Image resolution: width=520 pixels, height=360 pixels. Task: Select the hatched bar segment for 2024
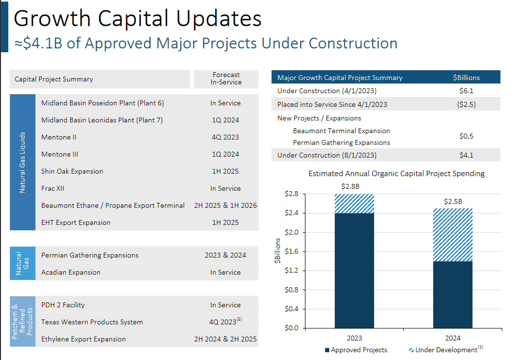453,235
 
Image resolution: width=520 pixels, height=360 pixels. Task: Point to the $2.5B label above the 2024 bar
453,201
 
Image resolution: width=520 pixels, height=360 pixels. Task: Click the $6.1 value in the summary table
466,91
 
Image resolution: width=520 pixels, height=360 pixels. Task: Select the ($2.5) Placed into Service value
466,104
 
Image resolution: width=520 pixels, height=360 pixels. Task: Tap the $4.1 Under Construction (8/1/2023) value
466,155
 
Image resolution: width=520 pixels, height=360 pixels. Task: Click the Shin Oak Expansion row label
72,171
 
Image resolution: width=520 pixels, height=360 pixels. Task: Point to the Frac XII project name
53,188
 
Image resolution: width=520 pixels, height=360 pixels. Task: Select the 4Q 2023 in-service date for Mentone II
225,137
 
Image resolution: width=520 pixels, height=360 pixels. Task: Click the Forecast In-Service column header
226,79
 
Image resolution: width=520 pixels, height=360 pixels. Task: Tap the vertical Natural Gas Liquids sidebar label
22,162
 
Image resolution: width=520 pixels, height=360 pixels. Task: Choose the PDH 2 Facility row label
63,305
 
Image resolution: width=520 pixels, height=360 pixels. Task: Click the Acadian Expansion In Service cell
225,272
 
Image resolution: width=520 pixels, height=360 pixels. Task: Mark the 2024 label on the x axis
453,338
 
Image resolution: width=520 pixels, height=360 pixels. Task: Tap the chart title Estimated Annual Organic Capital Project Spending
396,174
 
